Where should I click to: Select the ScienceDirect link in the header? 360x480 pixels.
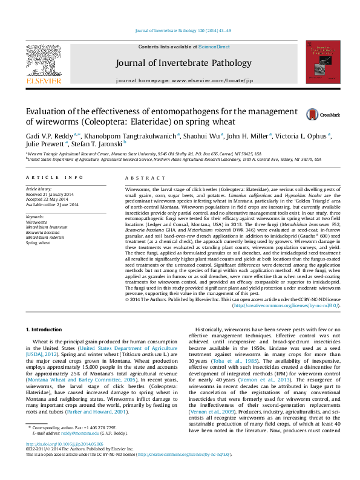pyautogui.click(x=214, y=47)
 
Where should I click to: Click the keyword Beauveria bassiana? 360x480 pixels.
pyautogui.click(x=44, y=232)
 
